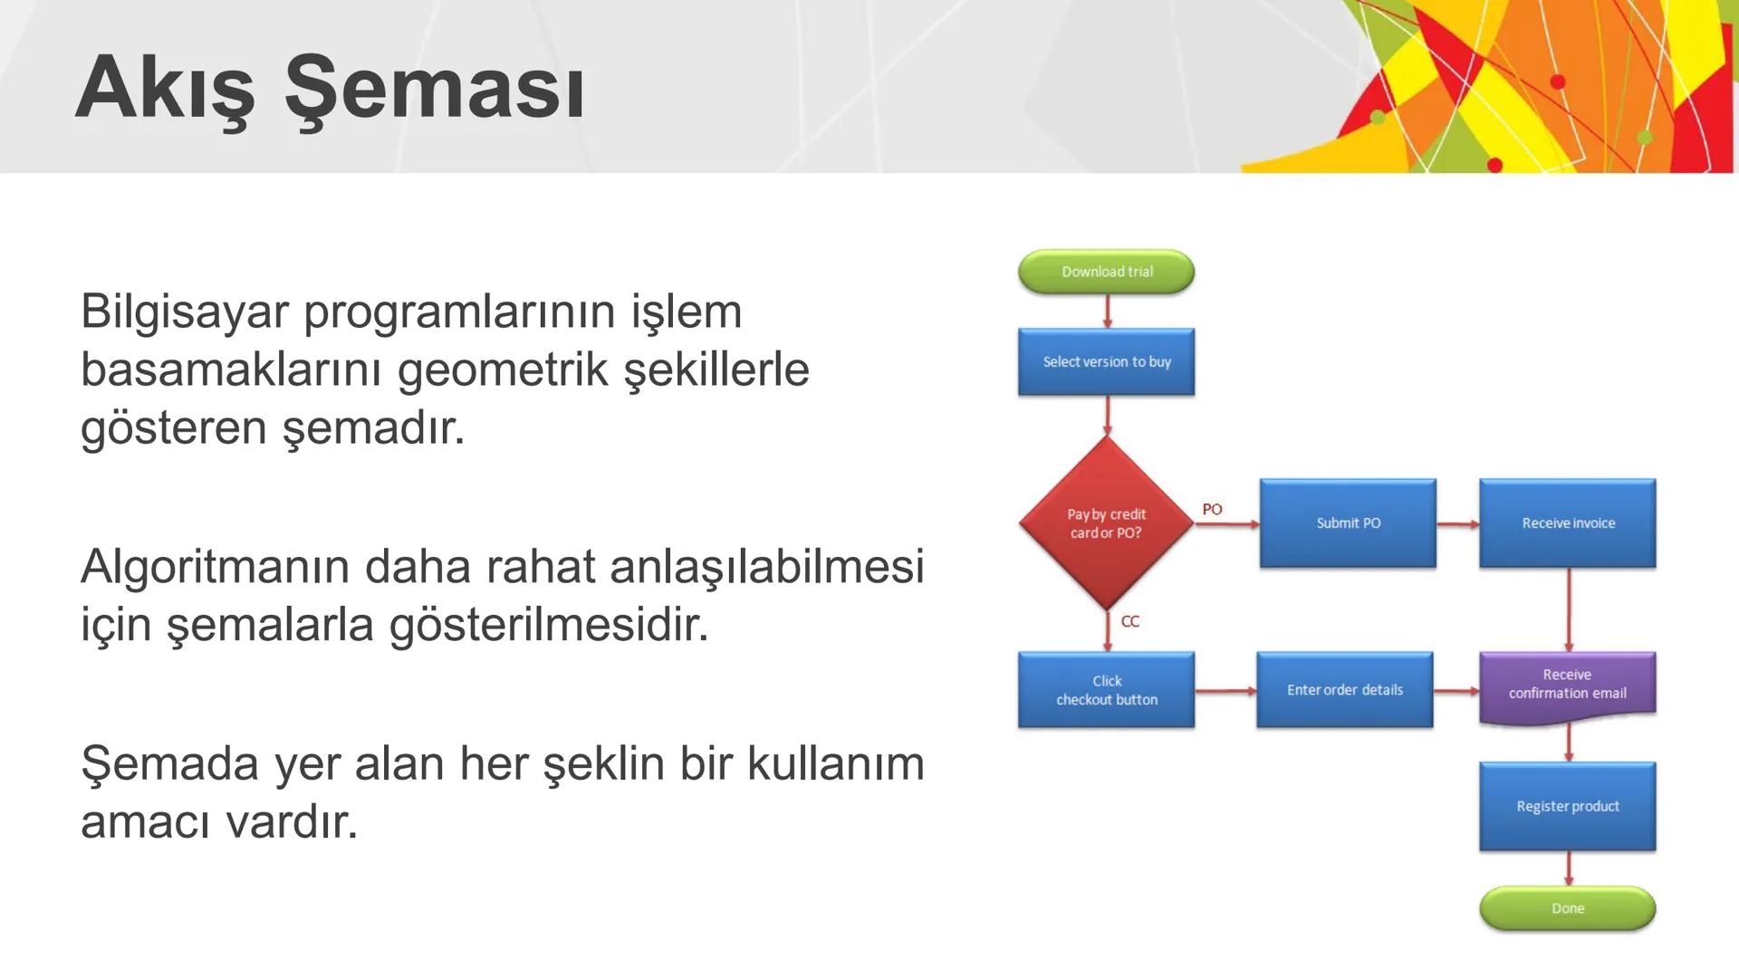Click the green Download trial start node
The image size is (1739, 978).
click(x=1106, y=272)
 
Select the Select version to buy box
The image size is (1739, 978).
click(x=1106, y=361)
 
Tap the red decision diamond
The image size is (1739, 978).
click(x=1106, y=523)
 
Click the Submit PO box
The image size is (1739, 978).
click(x=1348, y=523)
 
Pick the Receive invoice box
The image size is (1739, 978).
click(x=1568, y=523)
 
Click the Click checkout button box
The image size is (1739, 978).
click(x=1106, y=690)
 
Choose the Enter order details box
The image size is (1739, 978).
click(x=1344, y=690)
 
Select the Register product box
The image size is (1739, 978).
click(x=1568, y=806)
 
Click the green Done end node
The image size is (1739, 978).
click(x=1568, y=908)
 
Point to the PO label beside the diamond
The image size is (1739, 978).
click(x=1212, y=510)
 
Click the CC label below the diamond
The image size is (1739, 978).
click(x=1130, y=621)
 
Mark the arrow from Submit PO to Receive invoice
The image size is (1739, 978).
click(x=1457, y=523)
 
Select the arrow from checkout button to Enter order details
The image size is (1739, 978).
click(x=1225, y=691)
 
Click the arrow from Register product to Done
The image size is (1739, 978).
click(x=1569, y=868)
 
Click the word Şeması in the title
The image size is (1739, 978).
click(x=434, y=90)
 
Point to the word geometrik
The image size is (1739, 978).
click(x=503, y=369)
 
